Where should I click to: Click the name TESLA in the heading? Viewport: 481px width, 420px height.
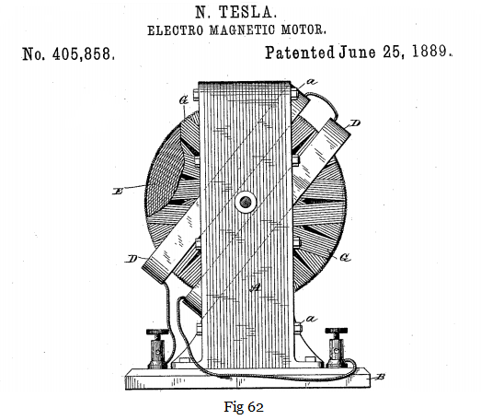(247, 13)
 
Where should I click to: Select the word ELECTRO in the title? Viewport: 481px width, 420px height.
(176, 30)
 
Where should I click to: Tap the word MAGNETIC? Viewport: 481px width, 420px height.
(243, 30)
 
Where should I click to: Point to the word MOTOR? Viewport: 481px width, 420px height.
(303, 29)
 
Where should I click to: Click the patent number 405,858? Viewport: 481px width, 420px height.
(84, 54)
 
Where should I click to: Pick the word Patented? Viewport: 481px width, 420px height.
(300, 52)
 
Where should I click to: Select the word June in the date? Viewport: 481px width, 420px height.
(357, 52)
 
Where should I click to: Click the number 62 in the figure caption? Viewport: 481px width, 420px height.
(256, 407)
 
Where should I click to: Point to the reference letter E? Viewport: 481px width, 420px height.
(118, 192)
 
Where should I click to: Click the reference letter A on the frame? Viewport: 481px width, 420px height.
(255, 287)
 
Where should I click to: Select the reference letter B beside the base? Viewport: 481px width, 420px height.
(380, 377)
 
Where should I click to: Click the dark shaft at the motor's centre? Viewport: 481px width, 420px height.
(246, 202)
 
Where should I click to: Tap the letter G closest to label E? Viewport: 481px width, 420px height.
(183, 100)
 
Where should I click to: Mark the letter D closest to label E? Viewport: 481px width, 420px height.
(132, 259)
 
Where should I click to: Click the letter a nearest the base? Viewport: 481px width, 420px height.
(311, 320)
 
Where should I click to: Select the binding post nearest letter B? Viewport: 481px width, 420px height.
(337, 347)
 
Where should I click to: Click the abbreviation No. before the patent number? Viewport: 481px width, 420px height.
(34, 55)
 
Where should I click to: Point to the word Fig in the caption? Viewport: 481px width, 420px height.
(234, 408)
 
